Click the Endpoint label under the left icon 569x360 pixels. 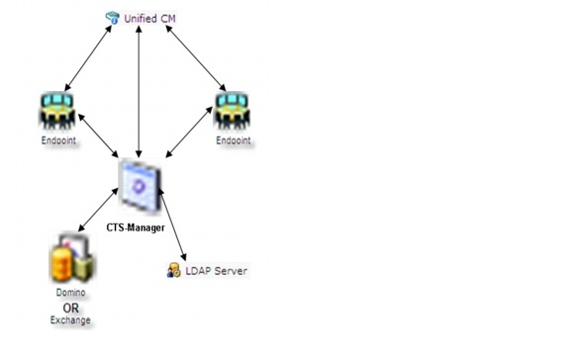(x=57, y=139)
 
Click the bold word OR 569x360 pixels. (x=70, y=308)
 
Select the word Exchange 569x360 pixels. (x=70, y=320)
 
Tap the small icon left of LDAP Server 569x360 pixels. (x=173, y=270)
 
